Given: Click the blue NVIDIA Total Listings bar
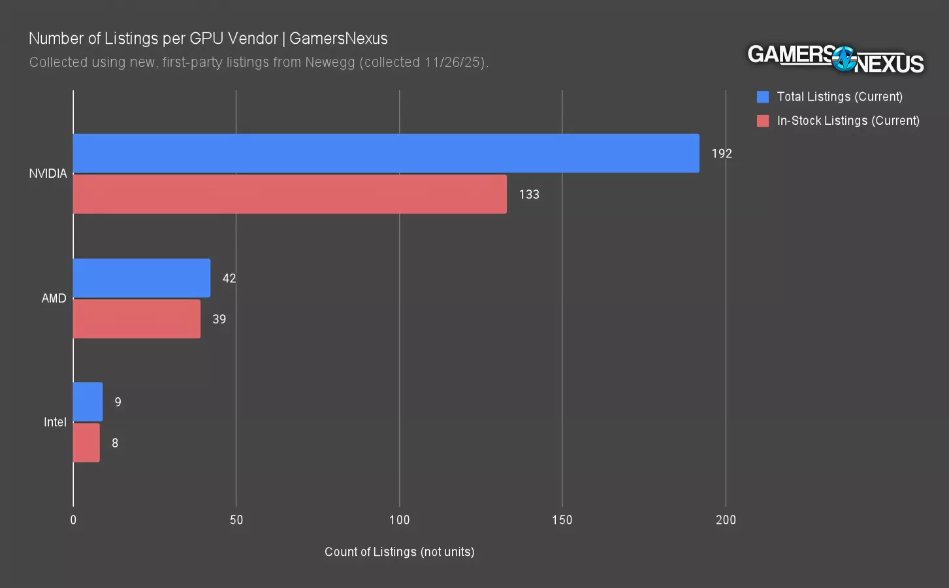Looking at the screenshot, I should (x=385, y=154).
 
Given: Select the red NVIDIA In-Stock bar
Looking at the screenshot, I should (x=289, y=194).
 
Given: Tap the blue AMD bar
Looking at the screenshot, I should (x=141, y=278).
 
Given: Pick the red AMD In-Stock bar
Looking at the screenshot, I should (x=137, y=319).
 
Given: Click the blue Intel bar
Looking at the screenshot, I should (x=88, y=402).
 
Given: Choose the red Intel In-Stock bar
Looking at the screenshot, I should (x=86, y=443).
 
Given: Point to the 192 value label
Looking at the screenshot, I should (x=722, y=154).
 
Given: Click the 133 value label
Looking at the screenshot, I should (x=529, y=194).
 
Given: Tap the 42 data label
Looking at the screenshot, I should (x=229, y=278).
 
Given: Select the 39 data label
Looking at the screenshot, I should (x=219, y=319).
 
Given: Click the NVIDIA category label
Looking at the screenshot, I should (x=48, y=174).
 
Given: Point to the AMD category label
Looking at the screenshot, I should (x=54, y=299).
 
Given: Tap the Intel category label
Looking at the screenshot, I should (x=55, y=422).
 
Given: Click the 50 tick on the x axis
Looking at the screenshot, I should (x=236, y=520).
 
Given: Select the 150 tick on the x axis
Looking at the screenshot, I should (x=562, y=520).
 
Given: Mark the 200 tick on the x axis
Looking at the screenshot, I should (x=726, y=520).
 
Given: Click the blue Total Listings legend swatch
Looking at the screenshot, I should (x=763, y=97).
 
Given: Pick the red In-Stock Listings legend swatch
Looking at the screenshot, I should (x=763, y=121).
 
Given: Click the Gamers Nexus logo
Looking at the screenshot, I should (x=835, y=59).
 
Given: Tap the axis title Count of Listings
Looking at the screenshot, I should (x=399, y=552).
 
